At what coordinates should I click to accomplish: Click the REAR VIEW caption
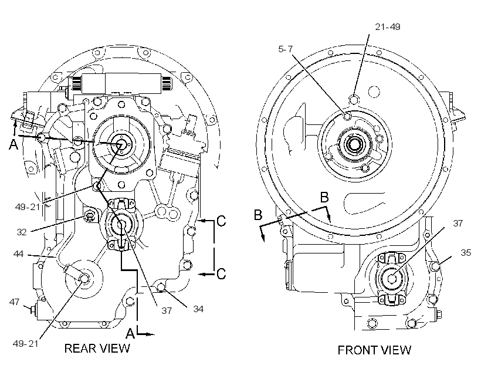(x=97, y=349)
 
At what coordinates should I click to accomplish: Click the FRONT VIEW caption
(x=374, y=350)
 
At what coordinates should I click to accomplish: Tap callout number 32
(x=22, y=232)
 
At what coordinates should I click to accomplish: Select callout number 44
(x=18, y=254)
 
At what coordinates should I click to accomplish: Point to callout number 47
(x=15, y=302)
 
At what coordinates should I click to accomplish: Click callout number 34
(x=198, y=309)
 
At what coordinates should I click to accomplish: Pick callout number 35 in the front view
(x=466, y=253)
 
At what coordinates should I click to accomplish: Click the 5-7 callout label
(x=285, y=49)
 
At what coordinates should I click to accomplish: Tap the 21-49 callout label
(x=388, y=27)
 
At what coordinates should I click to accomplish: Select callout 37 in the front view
(x=458, y=223)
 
